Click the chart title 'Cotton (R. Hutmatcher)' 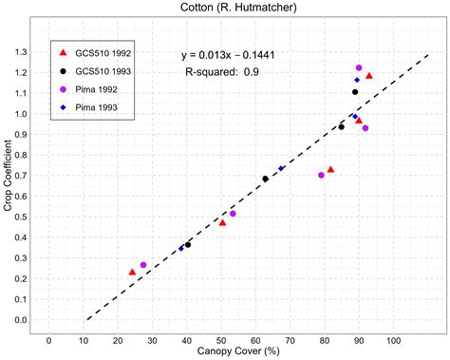225,9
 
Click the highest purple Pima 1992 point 359,68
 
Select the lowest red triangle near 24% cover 132,273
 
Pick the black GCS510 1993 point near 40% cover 188,245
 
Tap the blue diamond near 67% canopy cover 281,168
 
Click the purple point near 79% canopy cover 321,175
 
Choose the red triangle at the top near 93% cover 369,76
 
